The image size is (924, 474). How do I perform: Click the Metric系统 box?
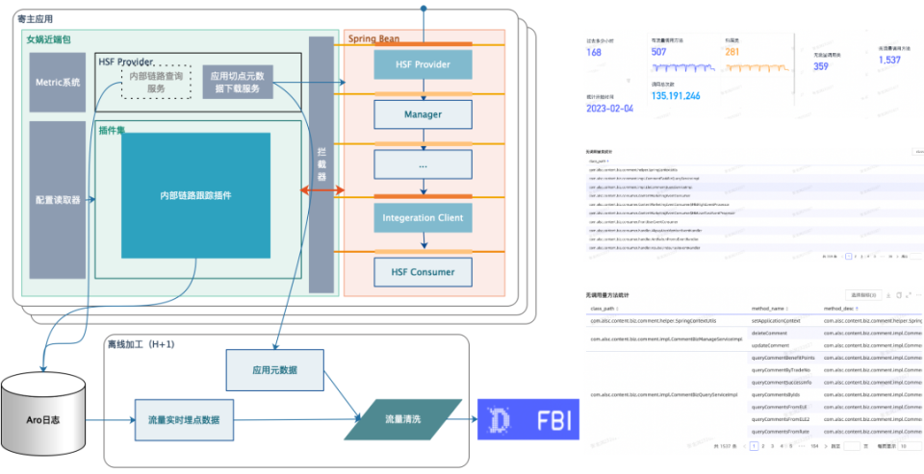[57, 82]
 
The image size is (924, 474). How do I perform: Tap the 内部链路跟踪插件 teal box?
[195, 196]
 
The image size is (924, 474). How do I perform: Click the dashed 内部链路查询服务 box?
[149, 82]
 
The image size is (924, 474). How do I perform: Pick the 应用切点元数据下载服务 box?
[237, 82]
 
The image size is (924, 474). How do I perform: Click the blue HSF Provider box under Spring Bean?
[423, 64]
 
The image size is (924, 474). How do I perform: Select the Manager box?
[423, 114]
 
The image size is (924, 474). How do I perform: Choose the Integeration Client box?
[423, 218]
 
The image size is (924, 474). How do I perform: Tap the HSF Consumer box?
[423, 272]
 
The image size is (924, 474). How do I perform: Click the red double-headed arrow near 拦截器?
[322, 193]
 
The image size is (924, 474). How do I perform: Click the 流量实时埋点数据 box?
[183, 420]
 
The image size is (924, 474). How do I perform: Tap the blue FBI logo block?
[530, 420]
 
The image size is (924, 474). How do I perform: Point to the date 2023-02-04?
[610, 108]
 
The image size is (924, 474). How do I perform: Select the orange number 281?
[731, 52]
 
